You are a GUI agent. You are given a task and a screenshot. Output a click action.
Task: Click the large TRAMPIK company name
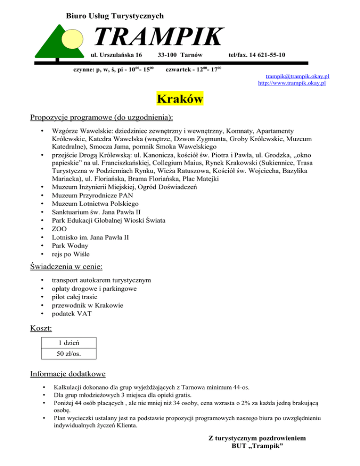tap(157, 37)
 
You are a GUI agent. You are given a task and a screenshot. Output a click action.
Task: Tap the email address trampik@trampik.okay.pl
tap(297, 76)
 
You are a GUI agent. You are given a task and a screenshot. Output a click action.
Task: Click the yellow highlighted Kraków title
tap(180, 99)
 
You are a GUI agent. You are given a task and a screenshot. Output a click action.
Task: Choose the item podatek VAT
tap(72, 314)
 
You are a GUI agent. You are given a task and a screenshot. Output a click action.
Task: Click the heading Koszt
tap(41, 329)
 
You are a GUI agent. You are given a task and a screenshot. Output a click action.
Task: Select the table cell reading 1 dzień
tap(68, 343)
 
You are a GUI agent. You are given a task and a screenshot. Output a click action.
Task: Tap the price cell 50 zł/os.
tap(68, 354)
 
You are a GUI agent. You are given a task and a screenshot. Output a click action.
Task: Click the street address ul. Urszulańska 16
tap(116, 55)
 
